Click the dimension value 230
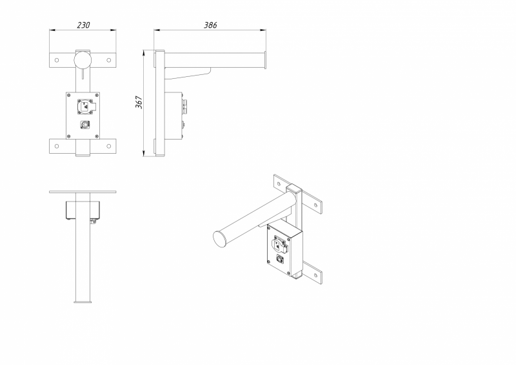click(x=83, y=25)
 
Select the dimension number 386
click(x=210, y=25)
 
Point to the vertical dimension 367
click(x=139, y=102)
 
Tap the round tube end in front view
click(x=83, y=60)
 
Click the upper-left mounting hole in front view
click(x=57, y=60)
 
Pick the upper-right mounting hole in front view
click(x=109, y=60)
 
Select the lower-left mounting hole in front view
click(x=57, y=146)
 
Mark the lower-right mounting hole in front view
click(x=109, y=146)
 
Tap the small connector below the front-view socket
click(x=84, y=124)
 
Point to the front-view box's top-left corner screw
click(x=69, y=96)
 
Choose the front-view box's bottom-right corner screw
click(x=96, y=136)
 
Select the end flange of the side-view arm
click(x=265, y=60)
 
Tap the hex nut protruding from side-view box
click(x=184, y=106)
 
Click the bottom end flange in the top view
click(x=83, y=302)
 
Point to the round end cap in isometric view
click(x=220, y=238)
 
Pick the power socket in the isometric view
click(x=279, y=245)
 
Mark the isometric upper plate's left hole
click(x=279, y=184)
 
